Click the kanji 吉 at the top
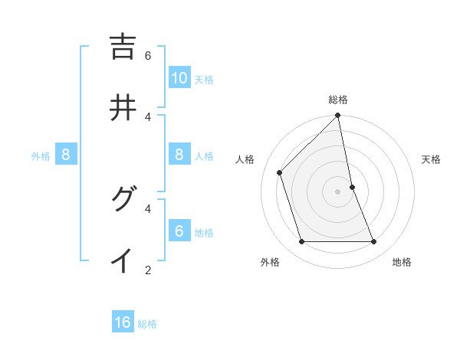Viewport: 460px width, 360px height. pyautogui.click(x=123, y=47)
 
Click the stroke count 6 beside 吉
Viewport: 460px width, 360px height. pyautogui.click(x=148, y=56)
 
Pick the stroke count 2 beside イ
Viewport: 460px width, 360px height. pyautogui.click(x=148, y=269)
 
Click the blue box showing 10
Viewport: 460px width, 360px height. pyautogui.click(x=179, y=78)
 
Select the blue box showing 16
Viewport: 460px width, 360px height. pyautogui.click(x=123, y=322)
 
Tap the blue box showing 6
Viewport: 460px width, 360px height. pyautogui.click(x=179, y=231)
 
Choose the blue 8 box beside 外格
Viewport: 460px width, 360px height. pyautogui.click(x=66, y=155)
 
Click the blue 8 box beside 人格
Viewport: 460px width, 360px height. pyautogui.click(x=179, y=155)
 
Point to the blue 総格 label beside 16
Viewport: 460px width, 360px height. pyautogui.click(x=147, y=324)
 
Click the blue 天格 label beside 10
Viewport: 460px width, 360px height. pyautogui.click(x=204, y=80)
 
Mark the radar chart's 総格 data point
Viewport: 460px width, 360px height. pyautogui.click(x=338, y=116)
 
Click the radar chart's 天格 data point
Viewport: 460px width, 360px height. pyautogui.click(x=353, y=187)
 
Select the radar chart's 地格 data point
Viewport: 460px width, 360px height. pyautogui.click(x=374, y=242)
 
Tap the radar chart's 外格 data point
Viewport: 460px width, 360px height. pyautogui.click(x=301, y=242)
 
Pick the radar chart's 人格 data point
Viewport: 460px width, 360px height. pyautogui.click(x=280, y=172)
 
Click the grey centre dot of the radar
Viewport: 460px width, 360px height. pyautogui.click(x=338, y=191)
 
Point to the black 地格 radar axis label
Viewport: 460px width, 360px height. pyautogui.click(x=402, y=263)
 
